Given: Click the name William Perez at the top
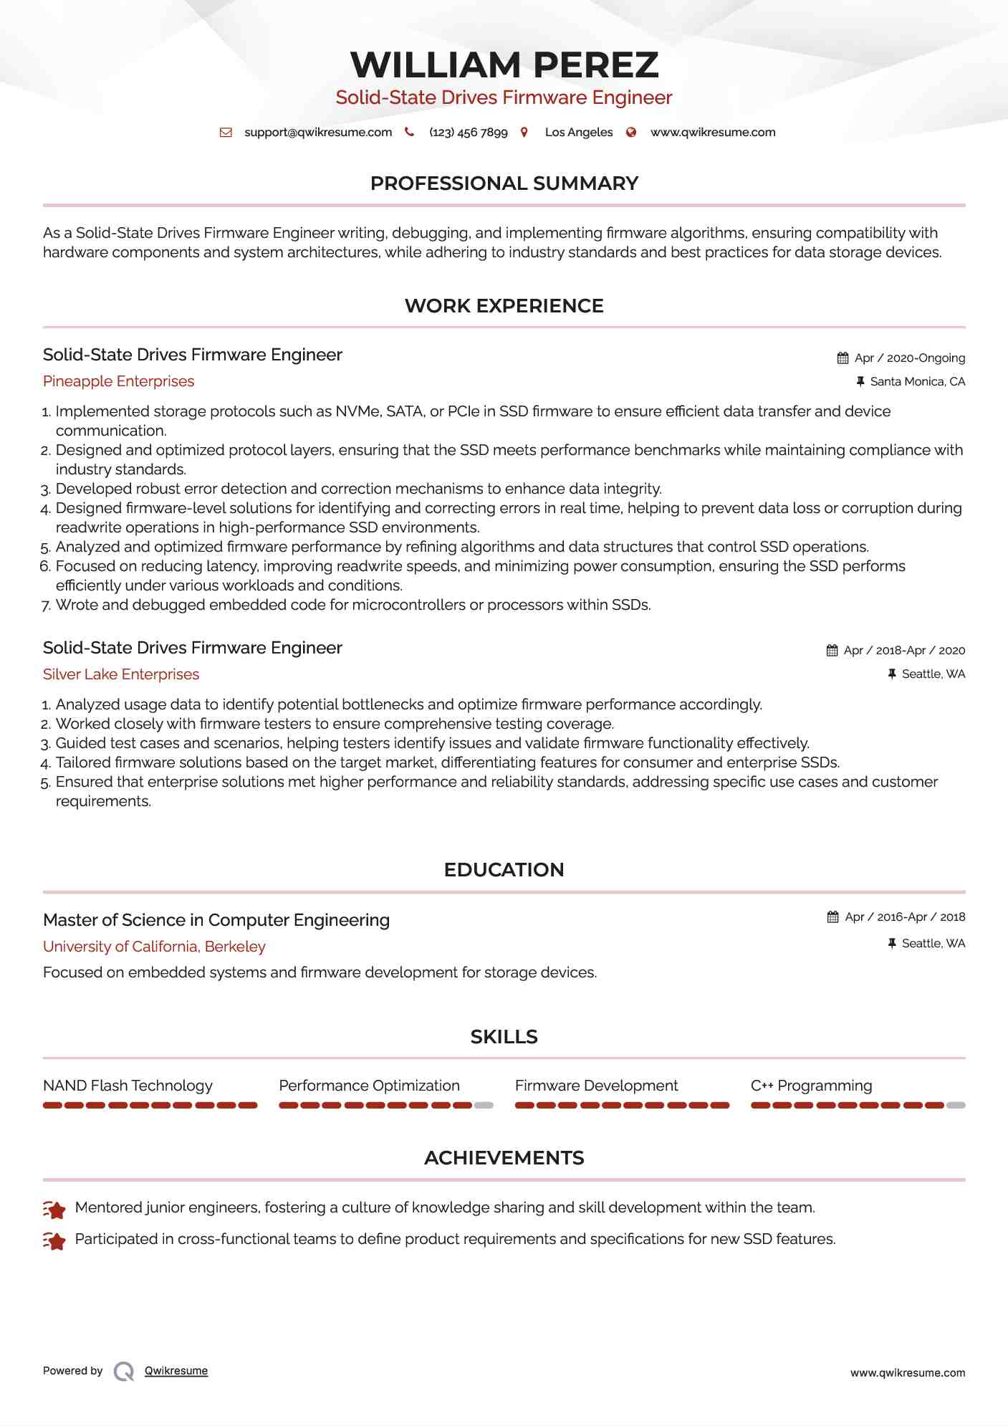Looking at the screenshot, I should [504, 65].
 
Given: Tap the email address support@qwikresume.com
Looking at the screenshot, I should [318, 133].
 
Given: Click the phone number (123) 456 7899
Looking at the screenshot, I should [468, 133].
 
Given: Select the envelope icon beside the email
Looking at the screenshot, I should [226, 133].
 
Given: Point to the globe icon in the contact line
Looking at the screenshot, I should [631, 133].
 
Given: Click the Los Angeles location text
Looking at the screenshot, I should [578, 133].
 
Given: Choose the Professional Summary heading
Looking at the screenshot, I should [504, 183].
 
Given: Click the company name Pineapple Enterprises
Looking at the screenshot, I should [118, 381].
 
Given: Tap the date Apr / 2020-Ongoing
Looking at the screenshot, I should [909, 358].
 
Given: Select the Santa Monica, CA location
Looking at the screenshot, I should [917, 382].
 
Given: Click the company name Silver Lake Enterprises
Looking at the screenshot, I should [121, 674].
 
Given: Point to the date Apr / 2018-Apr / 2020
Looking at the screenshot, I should [903, 651].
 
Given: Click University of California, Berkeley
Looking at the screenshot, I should [154, 947].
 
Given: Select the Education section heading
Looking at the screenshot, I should [504, 870].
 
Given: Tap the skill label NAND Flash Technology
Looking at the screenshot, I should [128, 1086].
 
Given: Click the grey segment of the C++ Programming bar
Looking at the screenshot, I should [956, 1106].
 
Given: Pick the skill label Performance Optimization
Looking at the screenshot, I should [369, 1086].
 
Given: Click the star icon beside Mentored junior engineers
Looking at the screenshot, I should [54, 1210].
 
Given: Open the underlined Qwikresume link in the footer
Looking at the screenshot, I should [176, 1371].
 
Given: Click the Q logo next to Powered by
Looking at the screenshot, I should [124, 1372].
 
